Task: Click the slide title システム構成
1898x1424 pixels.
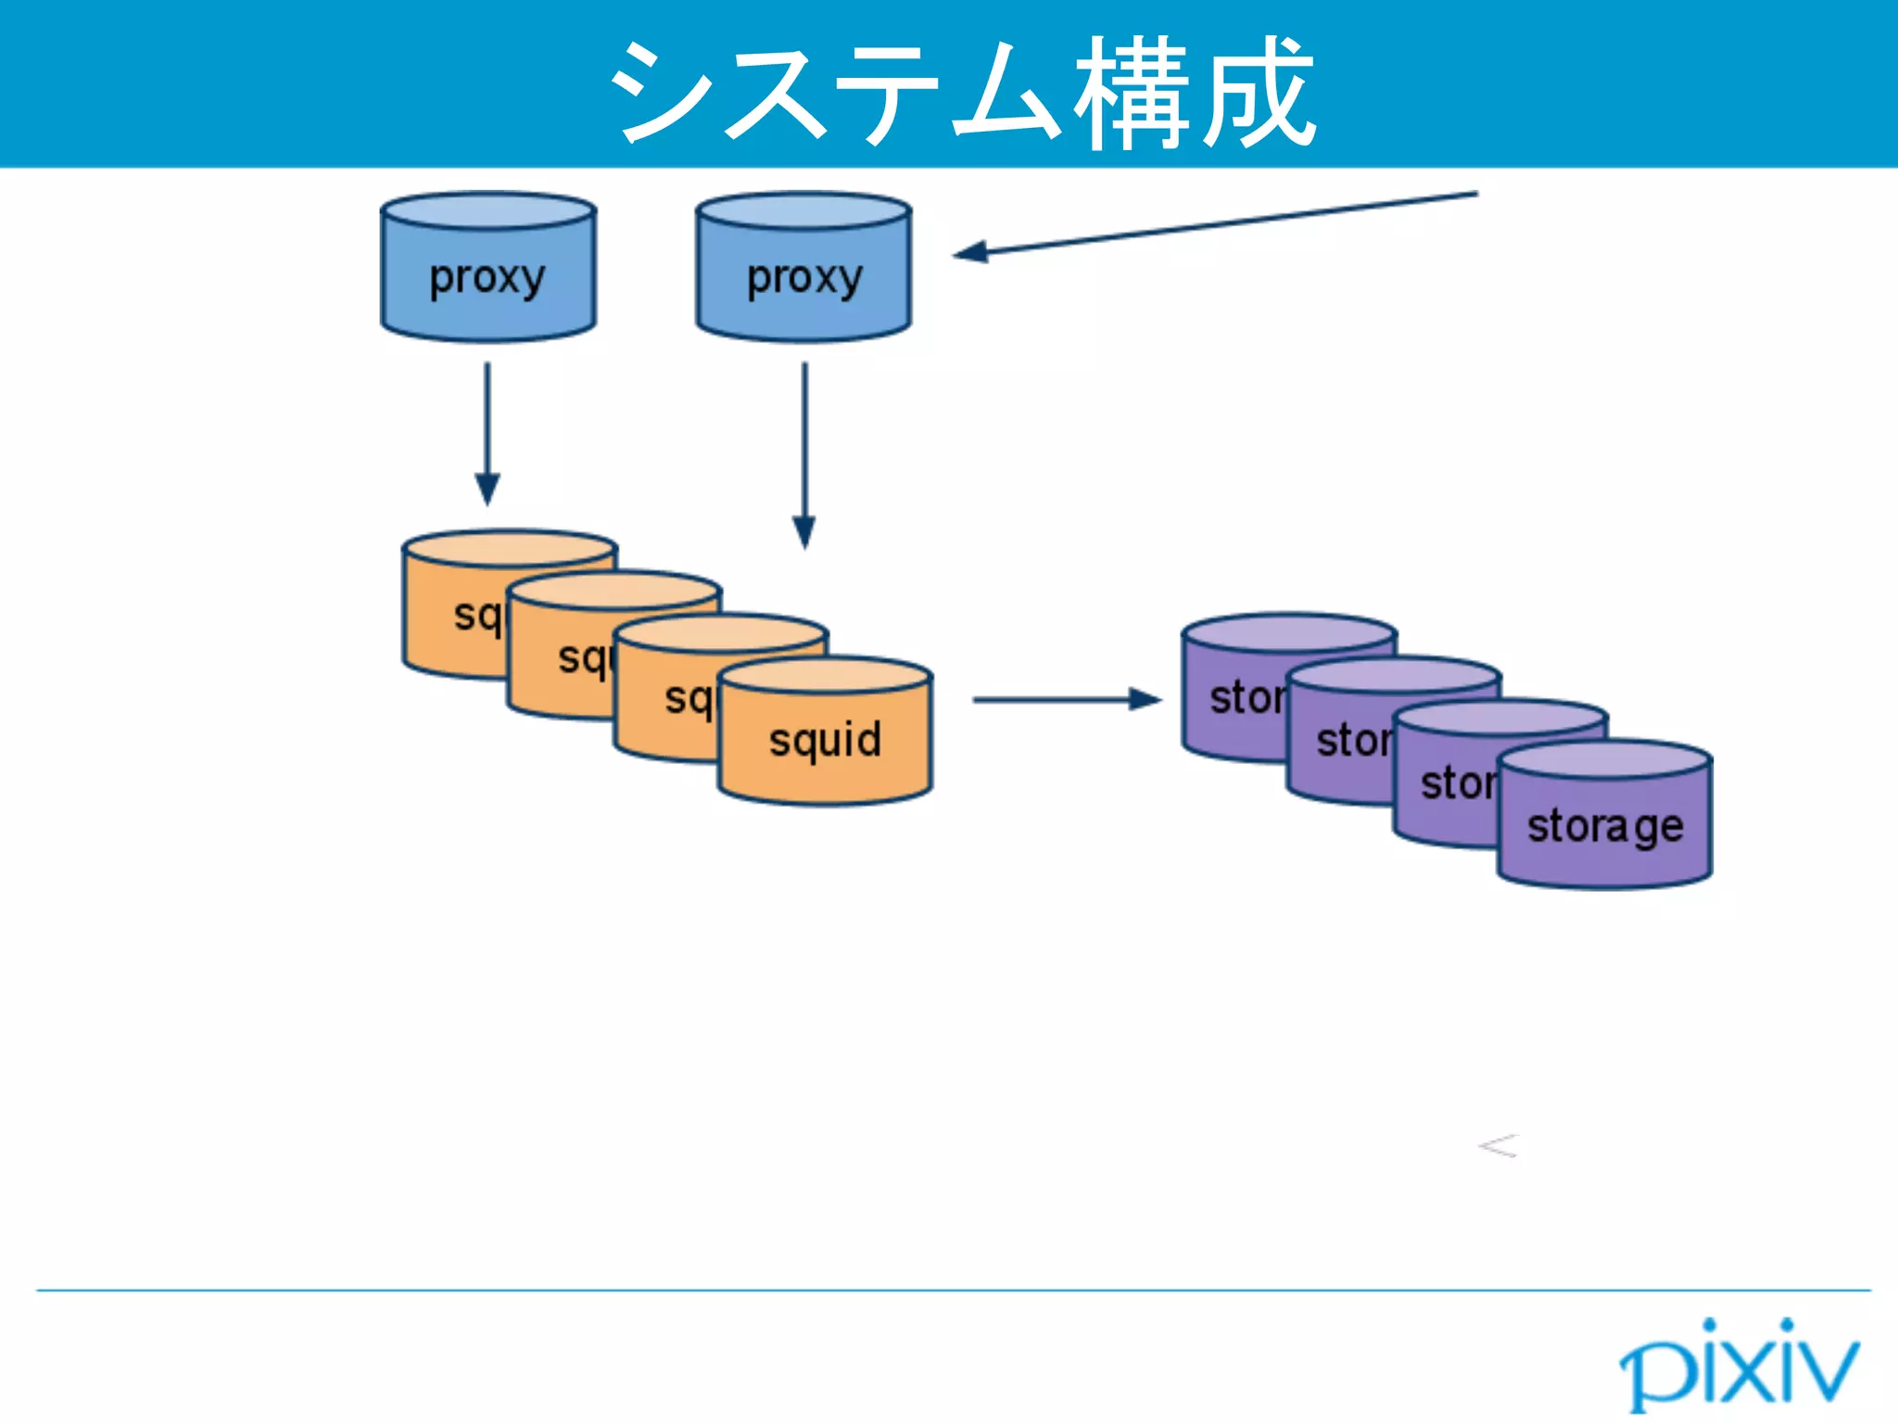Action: click(961, 93)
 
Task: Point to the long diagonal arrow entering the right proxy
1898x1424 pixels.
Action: click(1214, 223)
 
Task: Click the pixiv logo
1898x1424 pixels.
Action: click(1739, 1365)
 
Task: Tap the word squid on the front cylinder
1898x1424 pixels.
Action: click(825, 740)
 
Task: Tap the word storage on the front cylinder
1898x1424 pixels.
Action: click(1604, 825)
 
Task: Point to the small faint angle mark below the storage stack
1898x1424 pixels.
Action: click(1499, 1147)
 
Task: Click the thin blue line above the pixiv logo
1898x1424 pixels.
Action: click(953, 1290)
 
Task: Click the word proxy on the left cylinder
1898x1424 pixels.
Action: click(487, 276)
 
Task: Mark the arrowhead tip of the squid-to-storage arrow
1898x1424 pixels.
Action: click(1160, 700)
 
